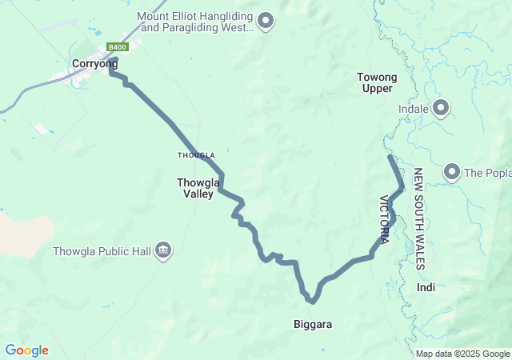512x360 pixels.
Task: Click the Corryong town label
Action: pos(94,64)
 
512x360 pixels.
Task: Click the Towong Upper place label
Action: pos(377,82)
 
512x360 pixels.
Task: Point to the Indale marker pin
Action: pos(441,108)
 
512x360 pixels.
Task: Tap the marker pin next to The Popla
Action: pos(452,172)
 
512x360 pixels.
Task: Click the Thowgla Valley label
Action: pos(194,188)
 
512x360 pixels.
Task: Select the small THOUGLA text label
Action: pos(196,155)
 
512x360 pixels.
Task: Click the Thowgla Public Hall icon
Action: pos(163,251)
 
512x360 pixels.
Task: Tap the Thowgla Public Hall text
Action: pos(102,251)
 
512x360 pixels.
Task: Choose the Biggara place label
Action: pos(311,325)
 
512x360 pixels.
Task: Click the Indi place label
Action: pos(426,287)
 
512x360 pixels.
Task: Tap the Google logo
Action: pos(26,350)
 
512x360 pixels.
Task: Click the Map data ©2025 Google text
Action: pos(462,354)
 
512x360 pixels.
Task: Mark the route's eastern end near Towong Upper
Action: pos(390,157)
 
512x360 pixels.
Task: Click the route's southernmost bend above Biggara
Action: pos(313,302)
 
